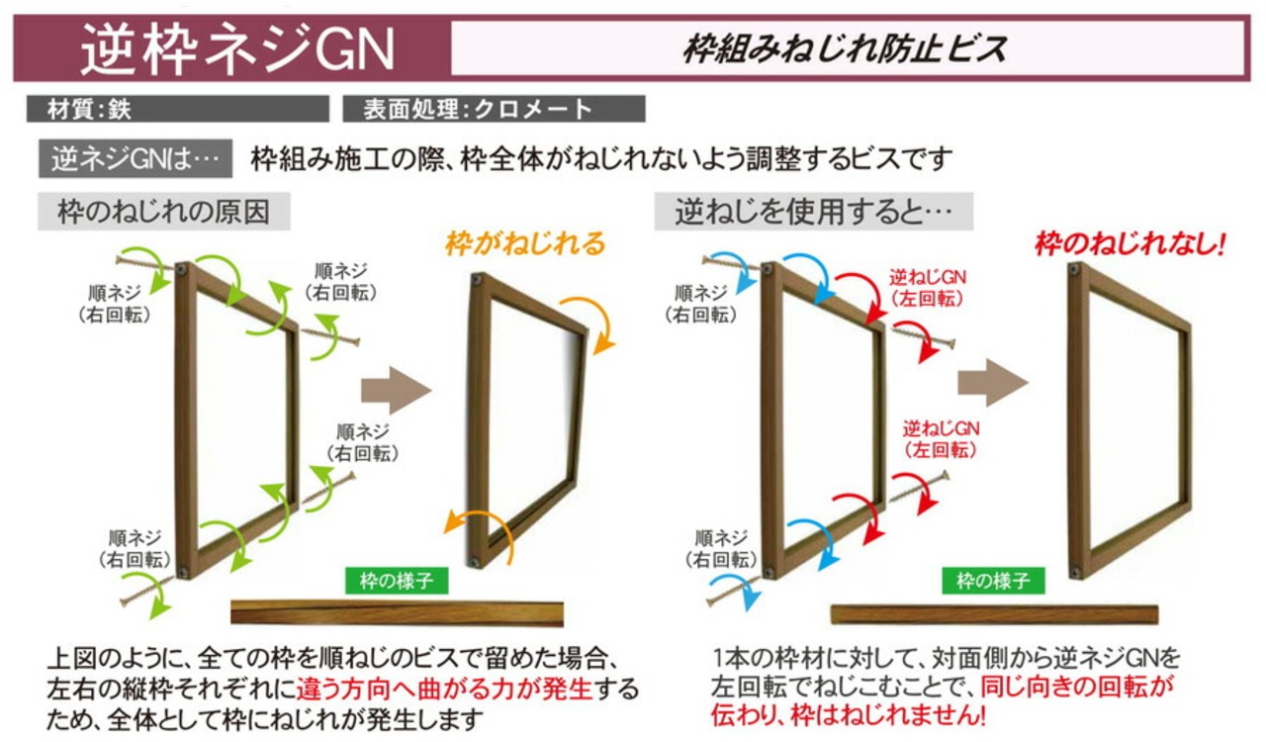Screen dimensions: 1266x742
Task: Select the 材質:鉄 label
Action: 89,109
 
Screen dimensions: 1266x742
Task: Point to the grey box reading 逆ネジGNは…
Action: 135,159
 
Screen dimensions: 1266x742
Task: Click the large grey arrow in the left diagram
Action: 396,389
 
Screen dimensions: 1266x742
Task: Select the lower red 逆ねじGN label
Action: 941,438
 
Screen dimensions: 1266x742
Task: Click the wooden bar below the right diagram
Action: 993,614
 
